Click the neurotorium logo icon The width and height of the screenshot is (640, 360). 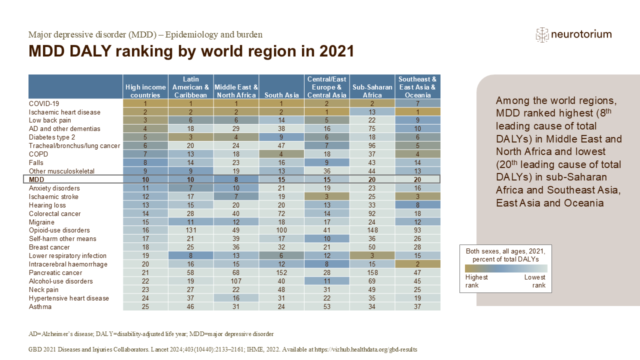tap(542, 35)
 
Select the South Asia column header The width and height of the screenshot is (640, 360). tap(281, 95)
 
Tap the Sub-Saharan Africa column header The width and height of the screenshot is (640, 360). tap(372, 91)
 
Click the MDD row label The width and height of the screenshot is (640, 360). tap(36, 179)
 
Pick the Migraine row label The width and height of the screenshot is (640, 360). tap(41, 222)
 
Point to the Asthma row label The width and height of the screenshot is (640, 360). tap(40, 306)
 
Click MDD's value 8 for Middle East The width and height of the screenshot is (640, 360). tap(236, 179)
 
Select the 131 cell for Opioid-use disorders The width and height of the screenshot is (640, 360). tap(190, 230)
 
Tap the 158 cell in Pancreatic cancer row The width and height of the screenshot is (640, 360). tap(372, 272)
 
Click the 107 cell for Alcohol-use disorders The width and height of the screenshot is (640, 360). tap(236, 281)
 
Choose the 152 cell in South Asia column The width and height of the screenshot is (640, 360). tap(281, 272)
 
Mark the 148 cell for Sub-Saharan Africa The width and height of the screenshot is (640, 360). tap(372, 230)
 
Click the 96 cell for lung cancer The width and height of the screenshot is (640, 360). tap(372, 145)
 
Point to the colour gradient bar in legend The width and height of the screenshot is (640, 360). tap(506, 268)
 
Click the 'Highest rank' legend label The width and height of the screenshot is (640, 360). tap(476, 281)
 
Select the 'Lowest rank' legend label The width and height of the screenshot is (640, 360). tap(535, 281)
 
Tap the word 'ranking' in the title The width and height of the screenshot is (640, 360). tap(144, 51)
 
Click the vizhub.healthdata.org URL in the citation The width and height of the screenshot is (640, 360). tap(365, 349)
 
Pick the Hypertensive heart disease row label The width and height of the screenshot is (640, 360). tap(69, 298)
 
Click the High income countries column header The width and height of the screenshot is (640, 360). tap(145, 91)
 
